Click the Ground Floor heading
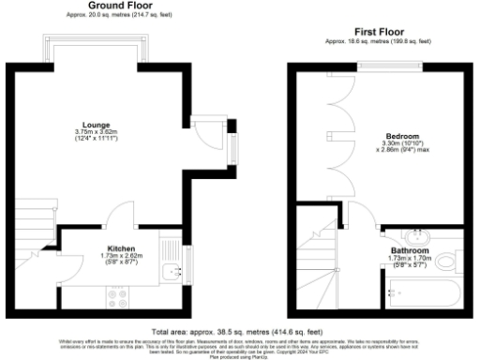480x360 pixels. (x=121, y=6)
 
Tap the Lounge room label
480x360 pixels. (x=96, y=125)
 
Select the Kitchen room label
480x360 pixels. (x=121, y=248)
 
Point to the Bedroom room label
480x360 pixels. (x=402, y=135)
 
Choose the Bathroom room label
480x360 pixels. (x=410, y=251)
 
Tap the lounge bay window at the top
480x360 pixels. (x=94, y=49)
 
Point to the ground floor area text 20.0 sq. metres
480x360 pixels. (x=121, y=15)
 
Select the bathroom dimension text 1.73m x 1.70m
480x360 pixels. (x=410, y=259)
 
